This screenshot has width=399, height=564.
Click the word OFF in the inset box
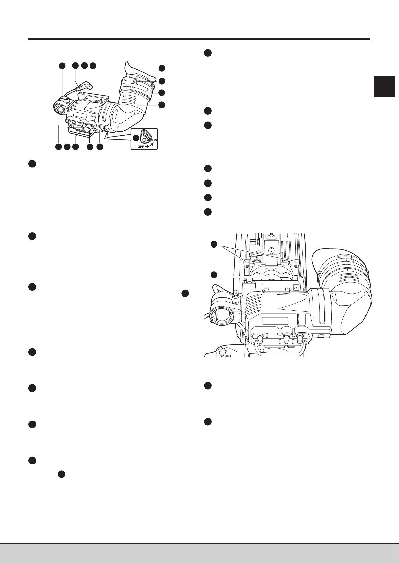(137, 146)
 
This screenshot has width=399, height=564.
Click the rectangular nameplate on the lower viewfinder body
(275, 321)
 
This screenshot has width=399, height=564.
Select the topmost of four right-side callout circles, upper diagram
(162, 68)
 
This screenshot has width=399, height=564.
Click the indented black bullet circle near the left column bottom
(61, 474)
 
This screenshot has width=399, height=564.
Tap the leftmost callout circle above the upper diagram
(62, 66)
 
